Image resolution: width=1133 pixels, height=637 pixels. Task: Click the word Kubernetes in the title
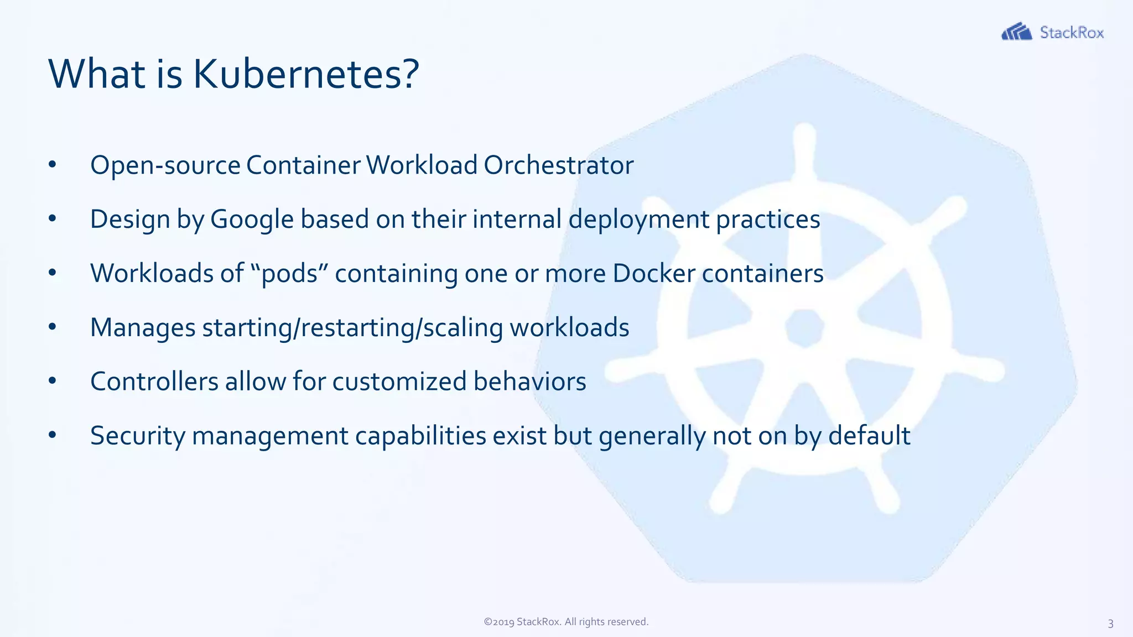pyautogui.click(x=305, y=74)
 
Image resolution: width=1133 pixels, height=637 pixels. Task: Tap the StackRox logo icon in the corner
pyautogui.click(x=1016, y=32)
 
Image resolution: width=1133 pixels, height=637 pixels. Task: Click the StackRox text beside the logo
pyautogui.click(x=1072, y=33)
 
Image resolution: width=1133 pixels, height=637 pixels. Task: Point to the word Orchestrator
pyautogui.click(x=558, y=165)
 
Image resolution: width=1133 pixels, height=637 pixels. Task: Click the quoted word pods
pyautogui.click(x=289, y=274)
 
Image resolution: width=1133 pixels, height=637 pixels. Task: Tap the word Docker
pyautogui.click(x=653, y=273)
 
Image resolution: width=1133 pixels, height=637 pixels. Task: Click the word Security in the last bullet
pyautogui.click(x=137, y=436)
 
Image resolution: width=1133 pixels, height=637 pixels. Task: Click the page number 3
pyautogui.click(x=1110, y=624)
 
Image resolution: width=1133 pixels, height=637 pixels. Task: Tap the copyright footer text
pyautogui.click(x=566, y=622)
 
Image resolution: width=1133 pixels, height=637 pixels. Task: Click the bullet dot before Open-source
pyautogui.click(x=53, y=165)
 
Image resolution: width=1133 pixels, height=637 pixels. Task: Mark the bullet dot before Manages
pyautogui.click(x=53, y=327)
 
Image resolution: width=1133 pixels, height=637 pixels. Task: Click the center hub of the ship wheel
pyautogui.click(x=804, y=327)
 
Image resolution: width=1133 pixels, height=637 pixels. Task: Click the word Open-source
pyautogui.click(x=165, y=165)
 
